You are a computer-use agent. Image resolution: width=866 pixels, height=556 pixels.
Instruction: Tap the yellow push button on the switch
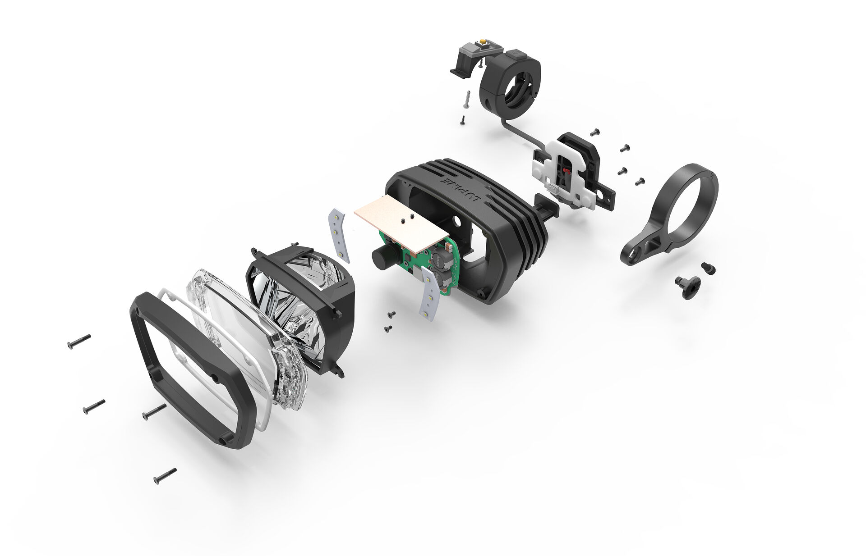[x=483, y=42]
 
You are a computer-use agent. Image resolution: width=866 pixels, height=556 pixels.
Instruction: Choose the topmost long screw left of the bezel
[x=79, y=341]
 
